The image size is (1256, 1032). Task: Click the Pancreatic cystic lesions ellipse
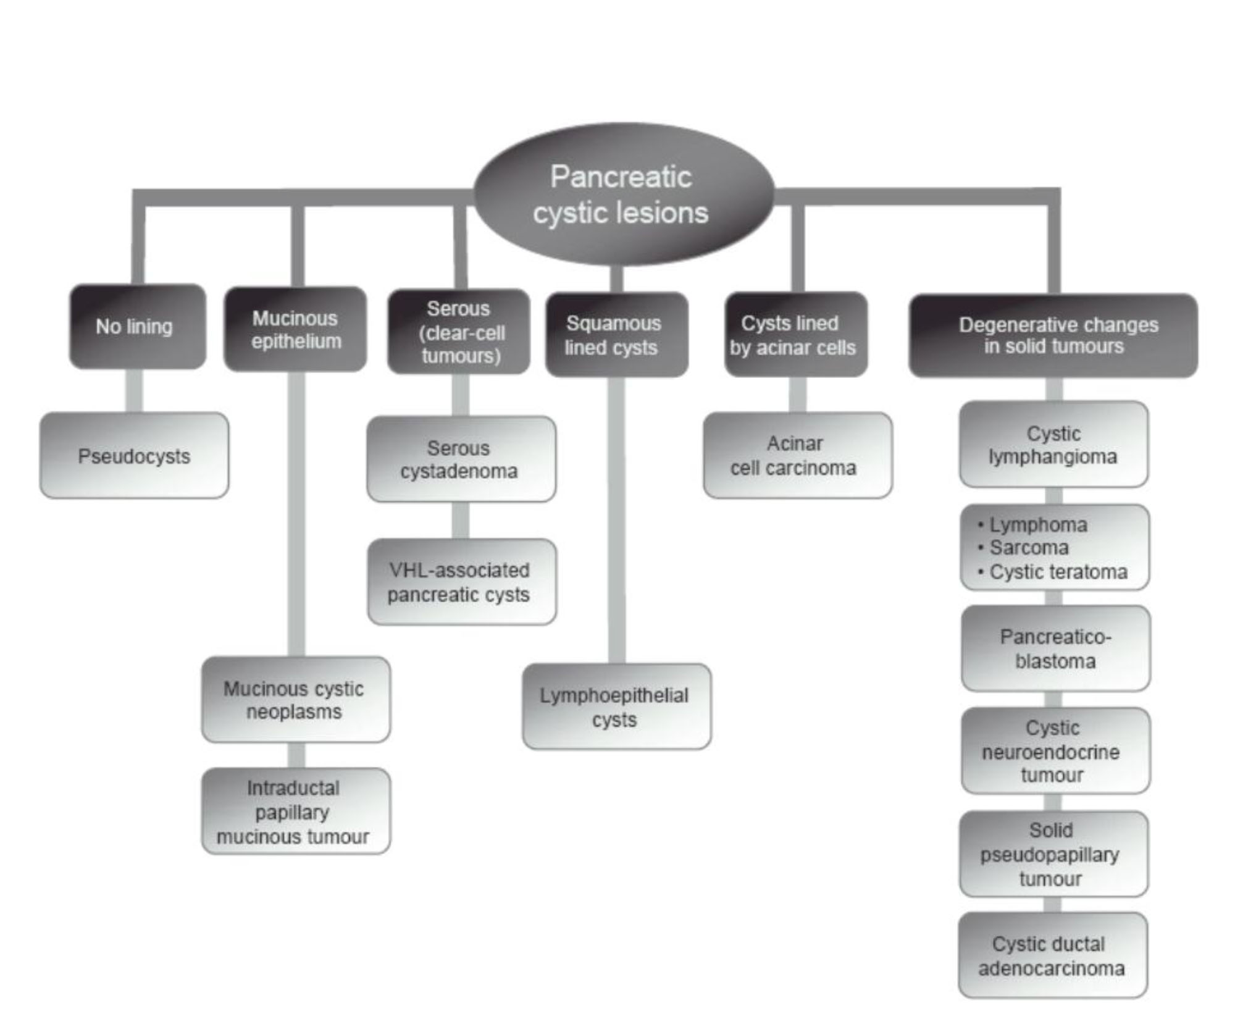(622, 195)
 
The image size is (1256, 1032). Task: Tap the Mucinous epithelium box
(295, 329)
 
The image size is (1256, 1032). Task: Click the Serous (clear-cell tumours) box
(459, 332)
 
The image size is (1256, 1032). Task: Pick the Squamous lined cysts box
(616, 335)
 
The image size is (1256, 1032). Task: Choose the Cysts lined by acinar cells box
(795, 335)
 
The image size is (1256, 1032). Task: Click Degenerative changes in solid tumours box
(1053, 335)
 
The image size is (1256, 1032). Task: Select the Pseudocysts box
(134, 456)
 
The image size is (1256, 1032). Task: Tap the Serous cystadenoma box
(461, 459)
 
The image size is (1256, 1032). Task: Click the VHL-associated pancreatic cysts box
(461, 582)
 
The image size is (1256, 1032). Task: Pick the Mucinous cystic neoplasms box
(295, 700)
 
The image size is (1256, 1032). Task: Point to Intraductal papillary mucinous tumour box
(295, 812)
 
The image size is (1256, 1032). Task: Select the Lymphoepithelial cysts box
(616, 707)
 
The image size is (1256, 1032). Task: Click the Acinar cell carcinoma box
(797, 456)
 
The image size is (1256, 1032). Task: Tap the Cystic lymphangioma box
(1053, 445)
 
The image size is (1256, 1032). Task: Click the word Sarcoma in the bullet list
(1029, 548)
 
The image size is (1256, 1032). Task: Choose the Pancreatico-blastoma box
(1055, 648)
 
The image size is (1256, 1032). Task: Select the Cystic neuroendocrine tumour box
(1055, 751)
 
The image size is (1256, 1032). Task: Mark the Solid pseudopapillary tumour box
(1053, 854)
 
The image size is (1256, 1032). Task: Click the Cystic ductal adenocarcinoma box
(1052, 955)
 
